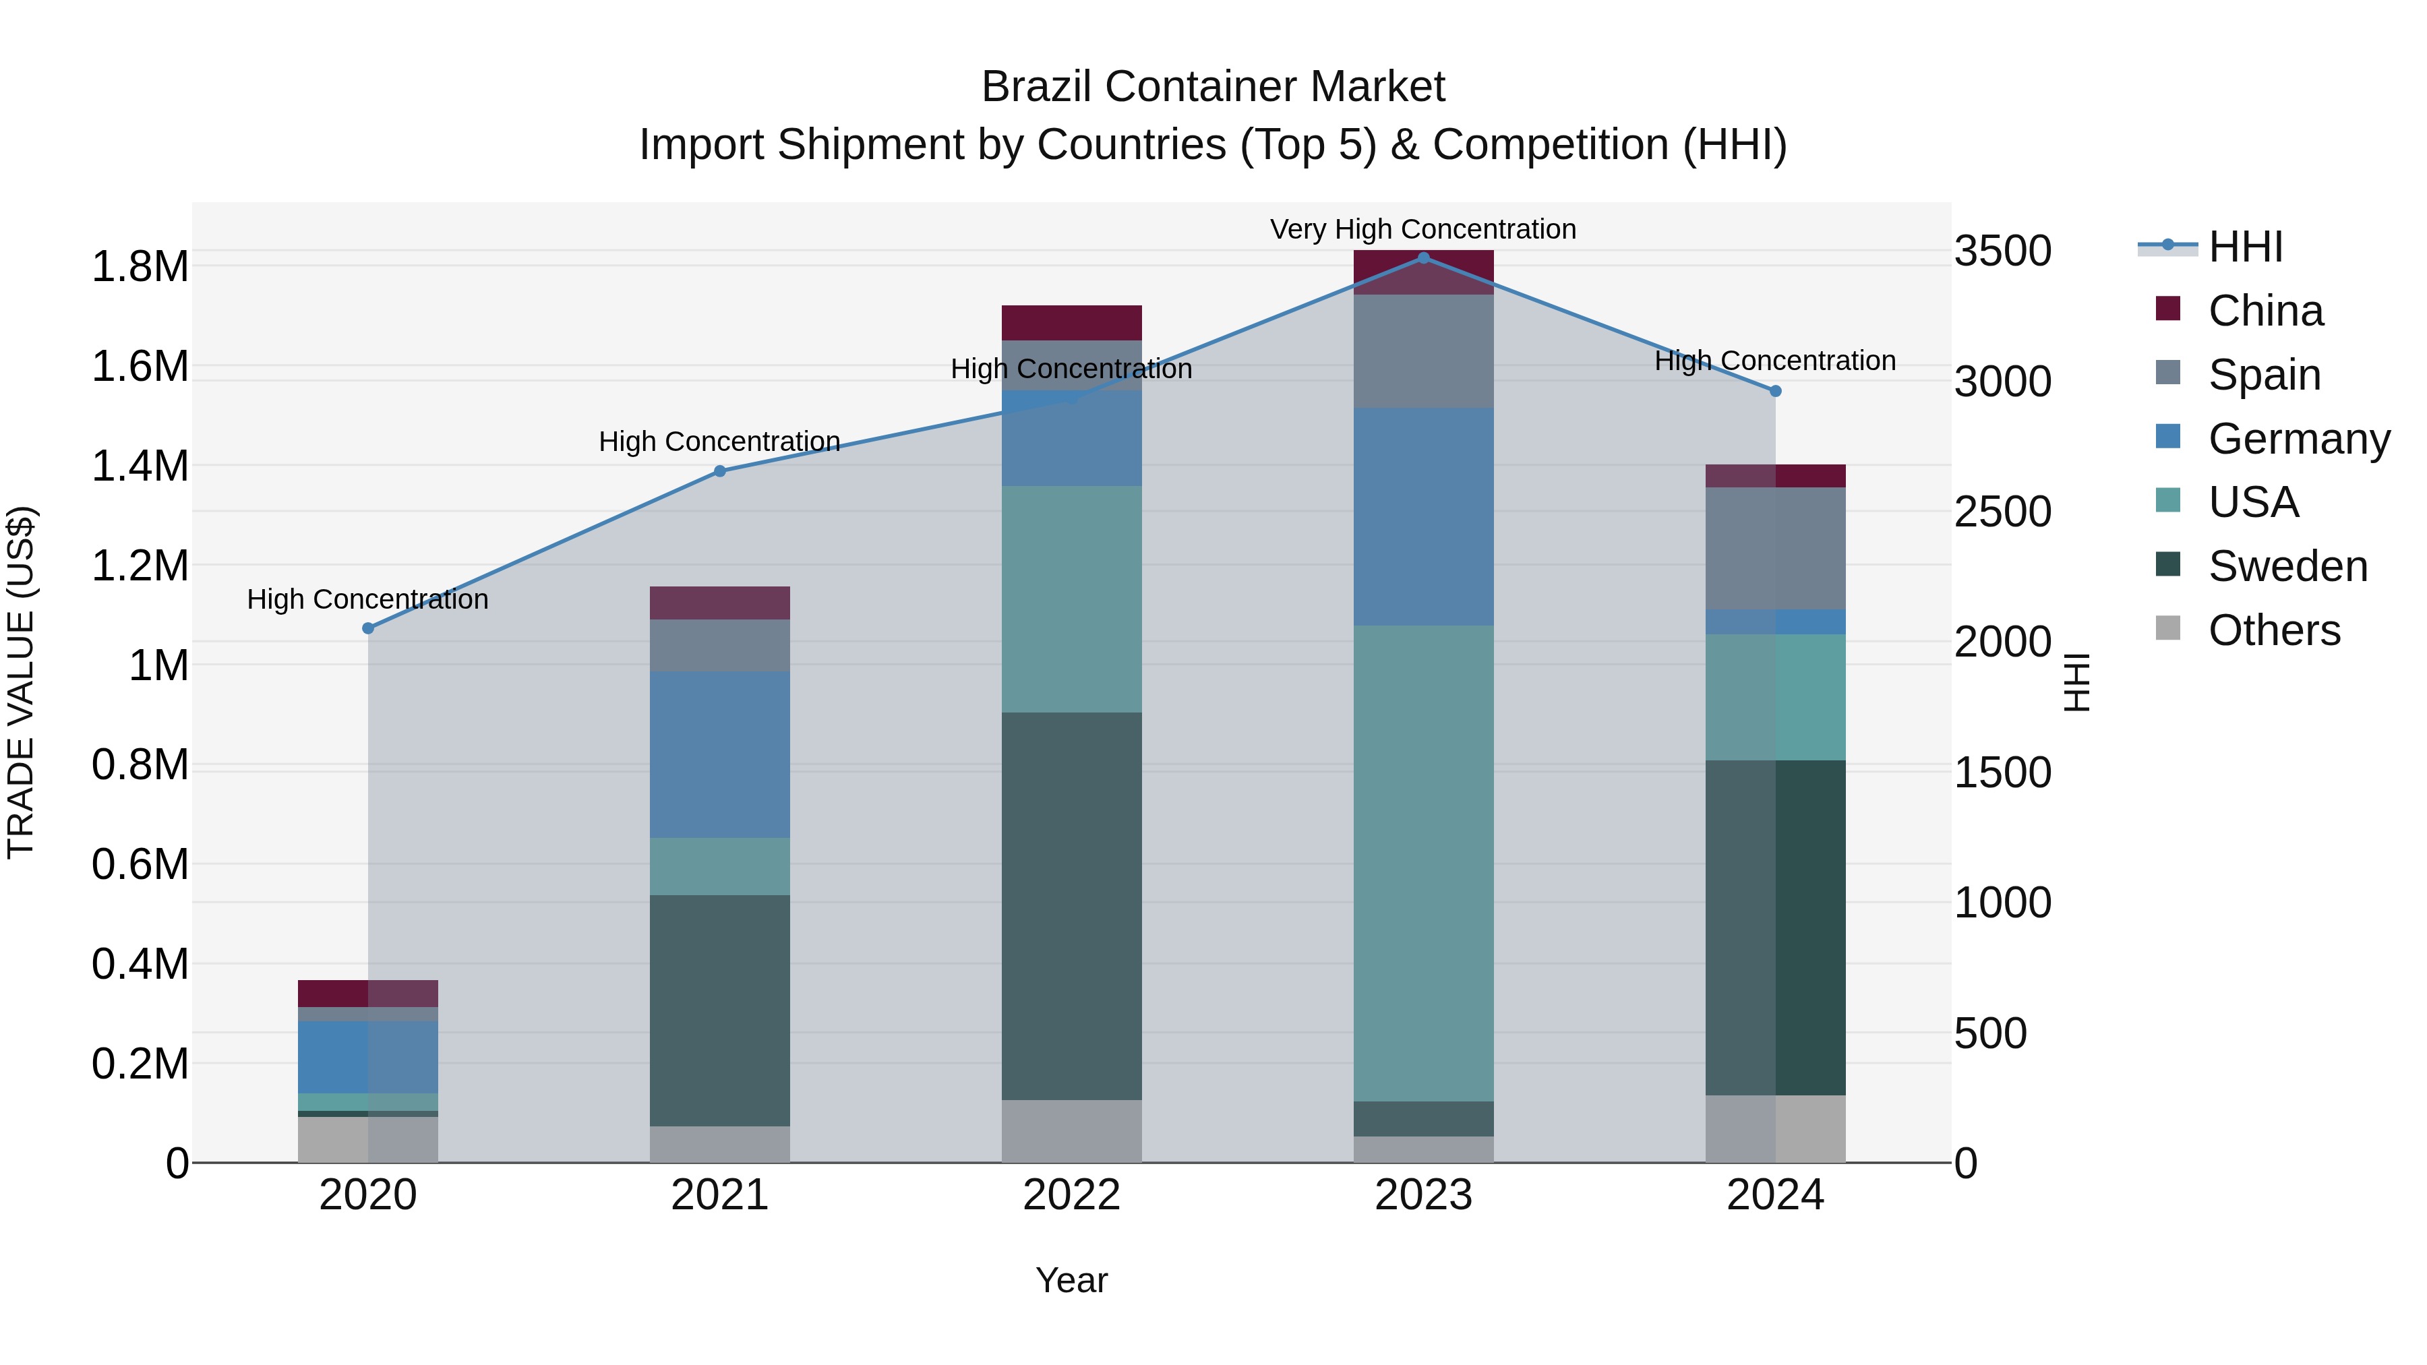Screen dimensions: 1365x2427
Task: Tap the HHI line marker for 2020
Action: [368, 628]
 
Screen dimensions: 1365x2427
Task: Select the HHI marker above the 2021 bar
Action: [720, 471]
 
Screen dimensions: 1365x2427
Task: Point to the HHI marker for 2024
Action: [1775, 391]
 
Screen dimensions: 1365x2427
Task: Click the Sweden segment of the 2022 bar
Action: [1071, 905]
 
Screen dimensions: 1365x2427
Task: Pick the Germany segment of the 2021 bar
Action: [720, 754]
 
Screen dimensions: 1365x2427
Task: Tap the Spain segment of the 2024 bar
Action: [1775, 548]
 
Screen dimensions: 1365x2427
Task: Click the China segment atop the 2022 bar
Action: [1071, 322]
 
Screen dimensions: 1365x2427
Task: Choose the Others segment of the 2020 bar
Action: [368, 1139]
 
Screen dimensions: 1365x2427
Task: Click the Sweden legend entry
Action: [2287, 566]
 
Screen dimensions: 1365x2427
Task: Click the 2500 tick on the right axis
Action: [2002, 512]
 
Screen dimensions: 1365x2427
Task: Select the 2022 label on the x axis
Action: [1071, 1195]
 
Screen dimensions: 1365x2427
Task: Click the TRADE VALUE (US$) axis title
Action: [21, 682]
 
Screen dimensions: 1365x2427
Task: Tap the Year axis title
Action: [1071, 1280]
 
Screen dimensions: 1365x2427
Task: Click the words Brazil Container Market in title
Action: [1213, 87]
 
